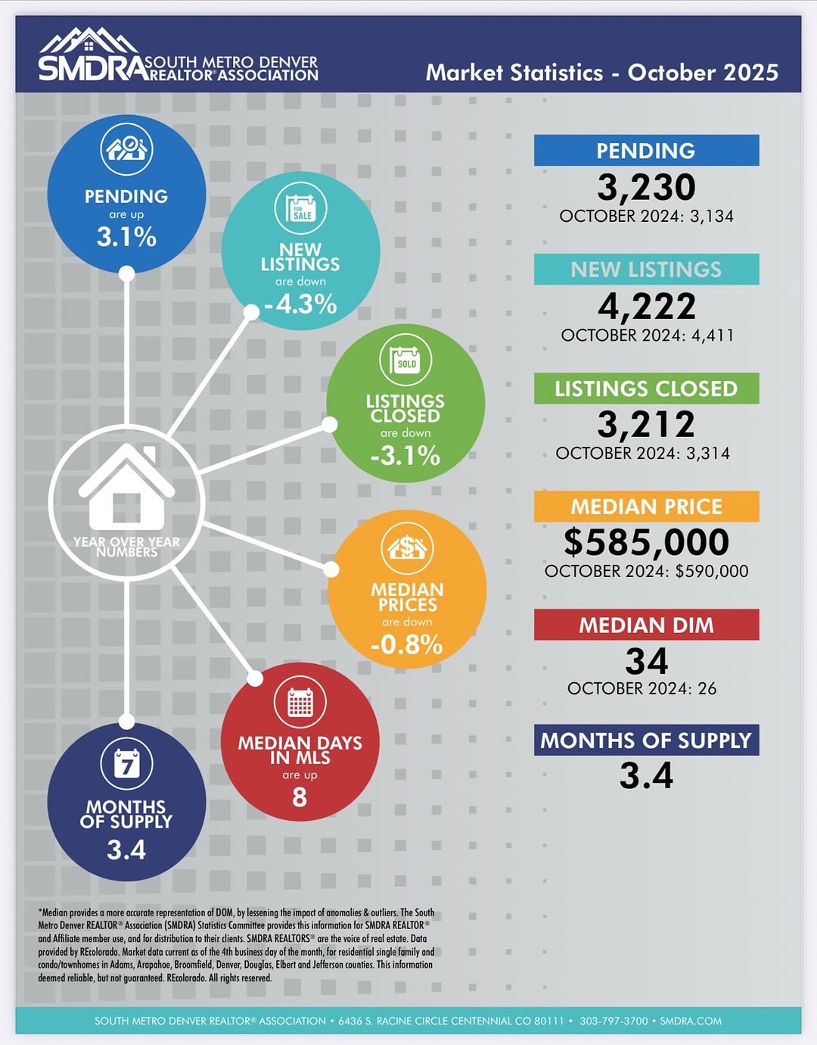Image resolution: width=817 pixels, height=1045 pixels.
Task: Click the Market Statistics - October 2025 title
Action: point(601,73)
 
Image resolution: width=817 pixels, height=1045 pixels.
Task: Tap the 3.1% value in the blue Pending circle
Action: point(126,237)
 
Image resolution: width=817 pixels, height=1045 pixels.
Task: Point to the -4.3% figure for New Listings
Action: point(300,304)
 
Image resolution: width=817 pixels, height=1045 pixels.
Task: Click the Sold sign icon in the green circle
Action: point(405,361)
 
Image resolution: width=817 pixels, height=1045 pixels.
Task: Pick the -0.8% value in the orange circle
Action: point(407,644)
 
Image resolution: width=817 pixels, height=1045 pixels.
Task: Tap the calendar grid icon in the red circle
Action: point(300,703)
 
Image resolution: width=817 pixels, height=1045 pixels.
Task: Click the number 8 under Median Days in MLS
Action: point(300,797)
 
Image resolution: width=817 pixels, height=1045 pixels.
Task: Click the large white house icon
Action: point(126,488)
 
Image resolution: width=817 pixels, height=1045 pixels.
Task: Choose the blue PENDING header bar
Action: point(646,151)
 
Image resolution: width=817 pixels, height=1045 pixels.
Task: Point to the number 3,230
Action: point(646,187)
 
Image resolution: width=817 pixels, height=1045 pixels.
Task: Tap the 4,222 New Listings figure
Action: point(646,306)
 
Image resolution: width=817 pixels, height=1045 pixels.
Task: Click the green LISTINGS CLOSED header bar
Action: point(646,388)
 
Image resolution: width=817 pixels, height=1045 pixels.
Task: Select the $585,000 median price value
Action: point(646,541)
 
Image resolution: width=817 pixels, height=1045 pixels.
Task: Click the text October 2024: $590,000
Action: point(646,571)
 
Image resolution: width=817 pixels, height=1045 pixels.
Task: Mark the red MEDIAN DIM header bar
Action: point(646,625)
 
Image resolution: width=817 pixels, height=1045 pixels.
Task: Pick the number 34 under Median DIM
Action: point(646,661)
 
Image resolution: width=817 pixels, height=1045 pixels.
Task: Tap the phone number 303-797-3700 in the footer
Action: point(614,1021)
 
